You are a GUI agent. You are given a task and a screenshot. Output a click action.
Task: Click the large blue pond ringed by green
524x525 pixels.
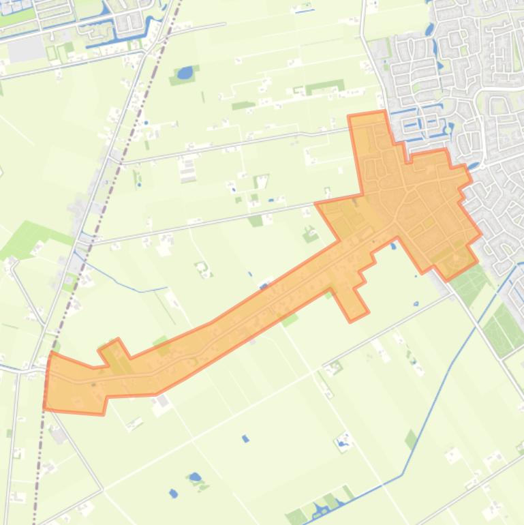tap(185, 72)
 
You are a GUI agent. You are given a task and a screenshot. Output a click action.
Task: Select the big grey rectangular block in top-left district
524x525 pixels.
tap(26, 48)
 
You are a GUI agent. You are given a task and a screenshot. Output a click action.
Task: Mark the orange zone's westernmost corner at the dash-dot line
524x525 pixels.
tap(46, 407)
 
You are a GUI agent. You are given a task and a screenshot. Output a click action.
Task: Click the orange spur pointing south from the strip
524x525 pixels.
tap(350, 300)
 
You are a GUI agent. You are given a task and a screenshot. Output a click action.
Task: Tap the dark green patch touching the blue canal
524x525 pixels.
tap(411, 438)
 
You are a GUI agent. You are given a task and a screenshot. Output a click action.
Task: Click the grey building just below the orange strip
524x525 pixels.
tap(161, 404)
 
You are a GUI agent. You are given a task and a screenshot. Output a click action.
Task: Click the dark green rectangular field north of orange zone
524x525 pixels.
tap(324, 87)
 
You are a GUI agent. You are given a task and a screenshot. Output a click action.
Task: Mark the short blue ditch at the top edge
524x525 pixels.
tap(305, 10)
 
